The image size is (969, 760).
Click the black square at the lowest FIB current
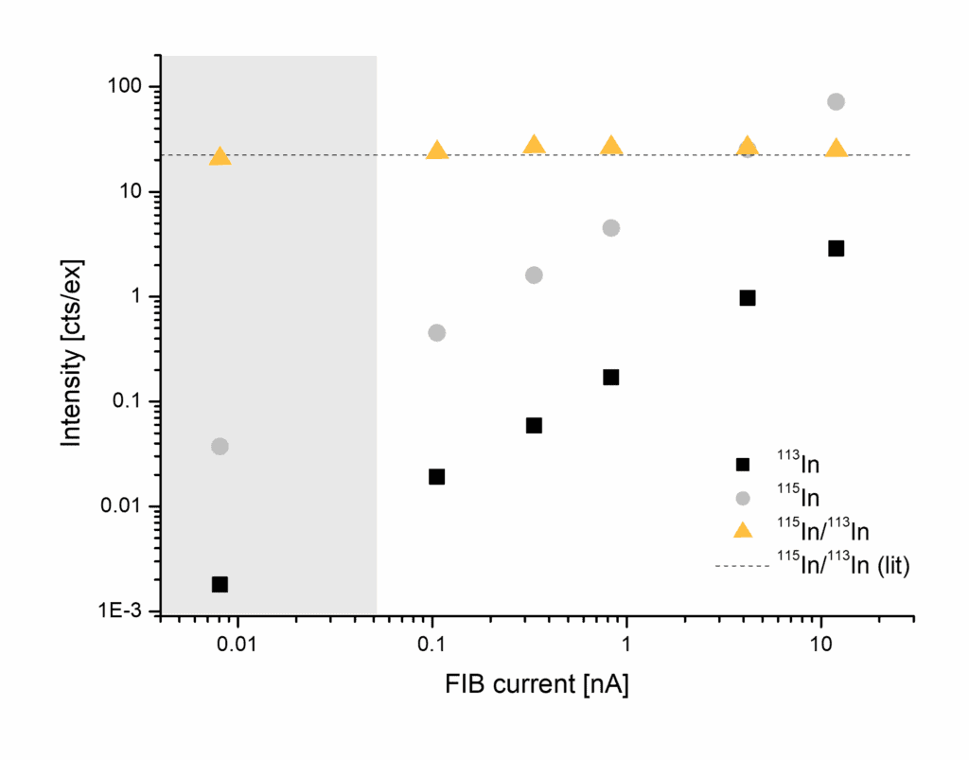(220, 584)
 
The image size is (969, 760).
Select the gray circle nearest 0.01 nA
(220, 446)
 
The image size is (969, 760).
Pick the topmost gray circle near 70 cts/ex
(836, 101)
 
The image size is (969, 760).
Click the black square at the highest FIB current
(836, 248)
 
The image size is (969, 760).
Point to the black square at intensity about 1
(748, 297)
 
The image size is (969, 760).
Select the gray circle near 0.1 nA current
(436, 332)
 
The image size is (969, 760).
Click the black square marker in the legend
(743, 465)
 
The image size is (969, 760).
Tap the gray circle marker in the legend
(743, 498)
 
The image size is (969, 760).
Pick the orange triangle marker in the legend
(743, 530)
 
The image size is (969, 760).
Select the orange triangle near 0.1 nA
(436, 150)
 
